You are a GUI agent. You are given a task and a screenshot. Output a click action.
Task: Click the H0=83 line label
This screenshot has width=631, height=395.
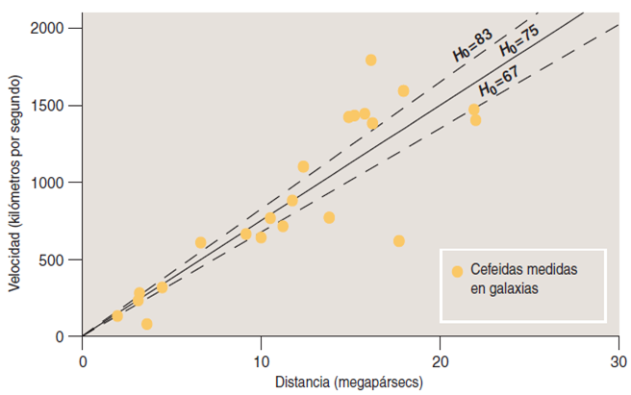(472, 46)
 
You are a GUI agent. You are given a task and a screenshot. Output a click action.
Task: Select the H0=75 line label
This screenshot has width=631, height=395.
(517, 42)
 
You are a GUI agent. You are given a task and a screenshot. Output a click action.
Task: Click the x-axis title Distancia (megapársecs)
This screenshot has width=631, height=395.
(350, 384)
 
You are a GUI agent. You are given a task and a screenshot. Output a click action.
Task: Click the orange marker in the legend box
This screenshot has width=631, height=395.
(457, 272)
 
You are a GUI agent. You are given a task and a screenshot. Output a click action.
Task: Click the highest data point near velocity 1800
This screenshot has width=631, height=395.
(370, 60)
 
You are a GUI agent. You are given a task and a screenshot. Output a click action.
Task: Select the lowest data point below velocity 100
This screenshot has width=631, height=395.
(146, 324)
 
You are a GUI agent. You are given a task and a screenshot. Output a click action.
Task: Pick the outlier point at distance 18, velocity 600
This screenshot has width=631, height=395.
(399, 241)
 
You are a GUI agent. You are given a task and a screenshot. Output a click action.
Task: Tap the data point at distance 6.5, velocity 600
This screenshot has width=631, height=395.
(200, 242)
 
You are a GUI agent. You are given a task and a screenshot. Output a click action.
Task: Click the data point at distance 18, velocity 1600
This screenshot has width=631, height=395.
(403, 90)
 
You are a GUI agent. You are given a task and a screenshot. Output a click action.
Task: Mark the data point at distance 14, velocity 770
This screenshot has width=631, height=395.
(329, 217)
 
